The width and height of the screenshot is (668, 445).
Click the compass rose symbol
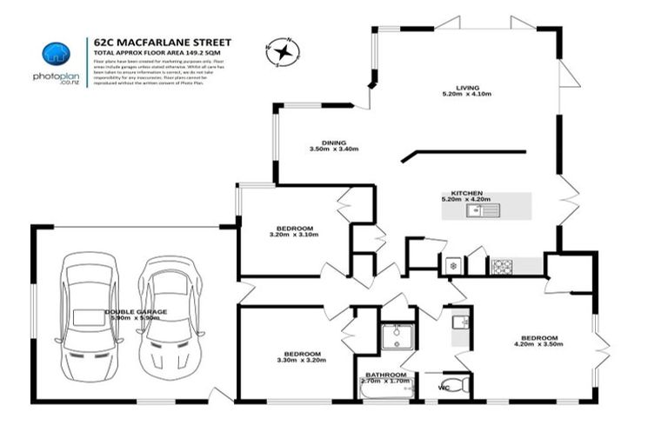click(283, 52)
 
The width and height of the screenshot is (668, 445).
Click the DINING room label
click(333, 143)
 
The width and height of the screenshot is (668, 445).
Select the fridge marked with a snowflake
click(451, 266)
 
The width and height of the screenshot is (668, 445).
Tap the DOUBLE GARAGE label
click(137, 310)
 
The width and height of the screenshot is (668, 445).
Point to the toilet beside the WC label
click(461, 384)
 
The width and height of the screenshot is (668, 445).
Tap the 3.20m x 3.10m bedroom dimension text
click(291, 235)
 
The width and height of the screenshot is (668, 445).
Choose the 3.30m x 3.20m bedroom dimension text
click(303, 359)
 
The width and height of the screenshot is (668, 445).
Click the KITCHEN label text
click(466, 193)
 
